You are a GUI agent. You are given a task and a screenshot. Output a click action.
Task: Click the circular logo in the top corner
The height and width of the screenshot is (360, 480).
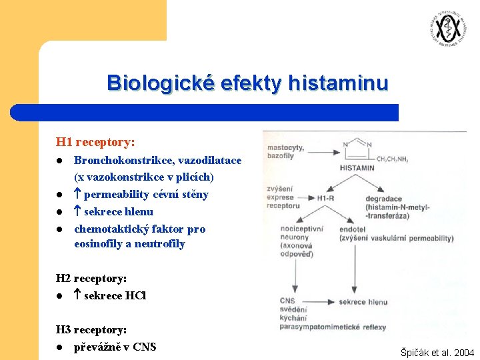pyautogui.click(x=447, y=29)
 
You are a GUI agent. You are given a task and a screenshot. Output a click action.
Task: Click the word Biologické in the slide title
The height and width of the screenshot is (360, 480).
pyautogui.click(x=158, y=83)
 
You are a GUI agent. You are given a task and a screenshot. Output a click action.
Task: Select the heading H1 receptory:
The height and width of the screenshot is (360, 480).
pyautogui.click(x=95, y=142)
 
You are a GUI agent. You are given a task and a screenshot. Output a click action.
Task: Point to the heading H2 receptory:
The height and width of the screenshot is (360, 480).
pyautogui.click(x=91, y=278)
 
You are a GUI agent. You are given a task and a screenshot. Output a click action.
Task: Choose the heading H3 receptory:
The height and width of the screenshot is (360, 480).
pyautogui.click(x=91, y=329)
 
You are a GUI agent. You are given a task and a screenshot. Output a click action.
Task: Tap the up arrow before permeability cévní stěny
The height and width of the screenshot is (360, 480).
pyautogui.click(x=77, y=195)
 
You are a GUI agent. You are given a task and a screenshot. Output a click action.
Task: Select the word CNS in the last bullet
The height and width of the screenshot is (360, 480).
pyautogui.click(x=145, y=347)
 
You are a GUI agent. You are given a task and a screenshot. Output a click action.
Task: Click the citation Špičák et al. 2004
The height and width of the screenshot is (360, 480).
pyautogui.click(x=437, y=352)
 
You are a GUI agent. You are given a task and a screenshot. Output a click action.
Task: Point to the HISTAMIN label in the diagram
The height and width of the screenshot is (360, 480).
pyautogui.click(x=357, y=168)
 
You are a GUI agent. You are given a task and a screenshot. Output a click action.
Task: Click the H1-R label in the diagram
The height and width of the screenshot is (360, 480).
pyautogui.click(x=326, y=198)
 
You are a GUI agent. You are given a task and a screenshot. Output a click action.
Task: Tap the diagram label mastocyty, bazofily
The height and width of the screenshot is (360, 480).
pyautogui.click(x=286, y=151)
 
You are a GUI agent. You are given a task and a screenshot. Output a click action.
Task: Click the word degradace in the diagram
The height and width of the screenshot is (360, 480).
pyautogui.click(x=384, y=198)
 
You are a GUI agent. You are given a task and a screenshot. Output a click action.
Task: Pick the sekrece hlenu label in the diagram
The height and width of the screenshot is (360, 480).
pyautogui.click(x=363, y=302)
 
